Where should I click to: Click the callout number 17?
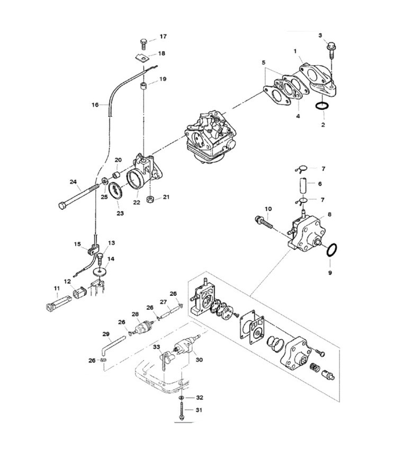[x=163, y=37]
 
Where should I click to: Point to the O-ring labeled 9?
[x=332, y=250]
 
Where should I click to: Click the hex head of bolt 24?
[x=62, y=206]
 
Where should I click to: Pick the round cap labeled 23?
[x=115, y=191]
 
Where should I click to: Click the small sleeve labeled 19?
[x=143, y=86]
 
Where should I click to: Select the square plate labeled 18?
[x=142, y=58]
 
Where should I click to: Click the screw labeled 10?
[x=264, y=222]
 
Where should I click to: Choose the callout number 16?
[x=95, y=104]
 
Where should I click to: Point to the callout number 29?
[x=106, y=334]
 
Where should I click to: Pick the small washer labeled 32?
[x=181, y=398]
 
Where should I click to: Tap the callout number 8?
[x=329, y=214]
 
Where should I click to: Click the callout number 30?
[x=199, y=360]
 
